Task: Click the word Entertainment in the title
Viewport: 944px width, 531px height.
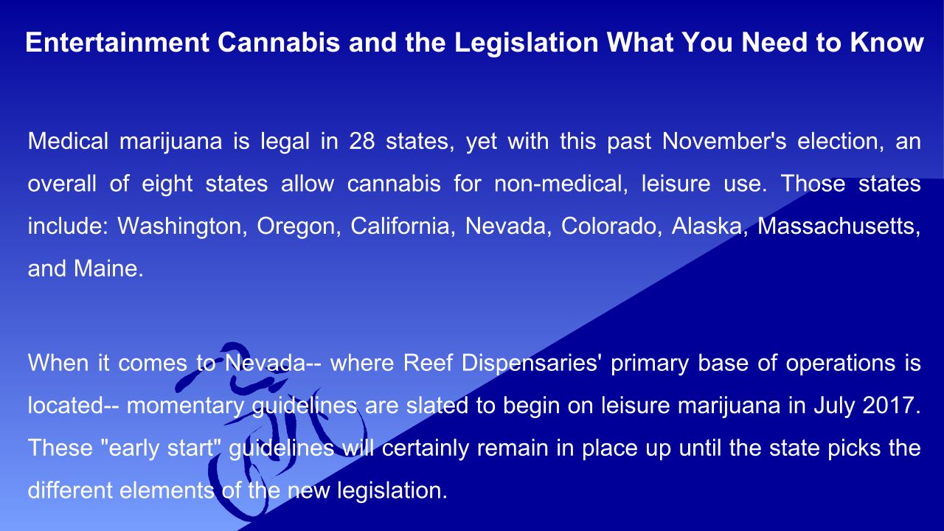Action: pyautogui.click(x=117, y=42)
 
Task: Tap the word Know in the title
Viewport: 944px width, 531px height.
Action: pyautogui.click(x=887, y=42)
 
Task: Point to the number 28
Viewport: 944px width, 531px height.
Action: pyautogui.click(x=362, y=141)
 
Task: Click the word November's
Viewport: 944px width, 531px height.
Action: pyautogui.click(x=724, y=141)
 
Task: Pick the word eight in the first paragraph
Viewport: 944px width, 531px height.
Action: pyautogui.click(x=167, y=184)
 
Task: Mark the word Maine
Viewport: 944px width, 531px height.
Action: pyautogui.click(x=108, y=269)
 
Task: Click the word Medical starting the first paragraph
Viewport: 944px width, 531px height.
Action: pyautogui.click(x=68, y=141)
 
